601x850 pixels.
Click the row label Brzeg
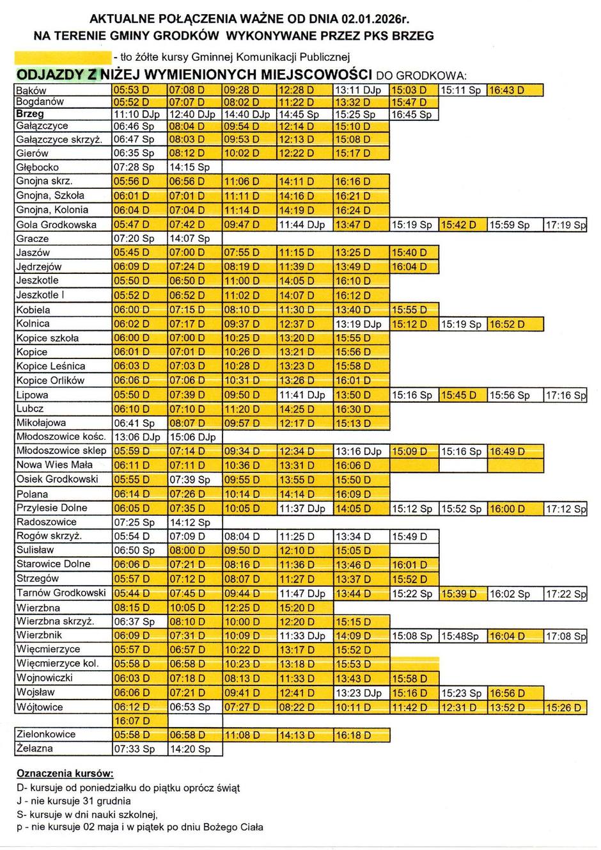click(x=30, y=114)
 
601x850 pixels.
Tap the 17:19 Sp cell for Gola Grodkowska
click(x=565, y=225)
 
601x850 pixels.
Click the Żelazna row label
click(x=35, y=748)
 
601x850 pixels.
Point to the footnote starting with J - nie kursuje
click(x=75, y=801)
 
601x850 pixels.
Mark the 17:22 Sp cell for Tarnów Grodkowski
click(x=565, y=594)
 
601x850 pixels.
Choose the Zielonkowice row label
click(x=46, y=734)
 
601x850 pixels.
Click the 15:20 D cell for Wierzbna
click(x=304, y=608)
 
